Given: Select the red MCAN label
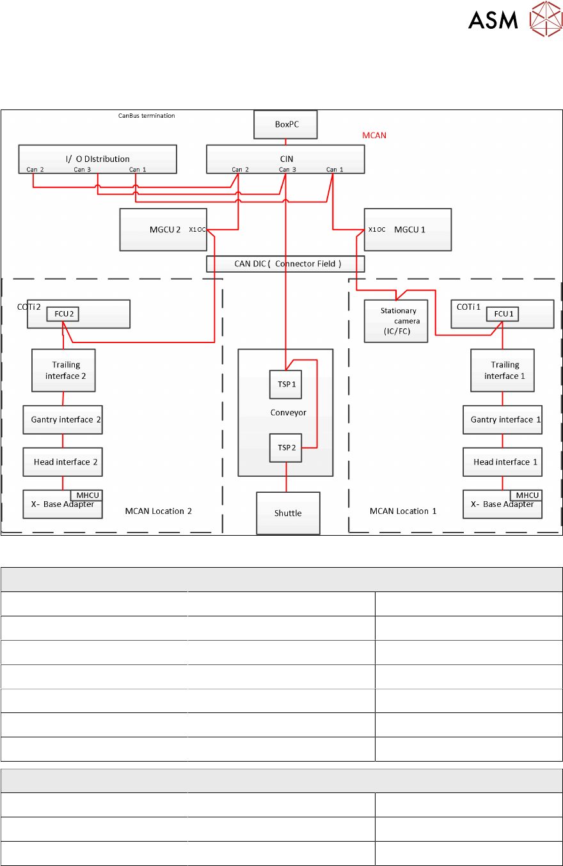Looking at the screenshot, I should [x=374, y=136].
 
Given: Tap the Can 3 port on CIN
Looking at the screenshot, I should [x=287, y=170].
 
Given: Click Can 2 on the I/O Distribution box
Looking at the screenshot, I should [x=35, y=170].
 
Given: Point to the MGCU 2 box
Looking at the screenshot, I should [x=163, y=229].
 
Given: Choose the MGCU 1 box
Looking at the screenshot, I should [x=408, y=229].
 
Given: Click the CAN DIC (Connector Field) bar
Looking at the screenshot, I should [x=285, y=264].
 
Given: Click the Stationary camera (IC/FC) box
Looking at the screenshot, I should [x=396, y=320].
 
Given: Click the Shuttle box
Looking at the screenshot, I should [x=288, y=513].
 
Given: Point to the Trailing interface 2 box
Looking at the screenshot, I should [x=63, y=370].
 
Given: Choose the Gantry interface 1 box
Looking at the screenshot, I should [x=502, y=419].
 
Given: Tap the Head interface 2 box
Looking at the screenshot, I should [x=62, y=461].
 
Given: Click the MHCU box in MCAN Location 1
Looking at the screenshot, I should [x=526, y=495].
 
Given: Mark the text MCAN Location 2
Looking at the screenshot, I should [x=158, y=511].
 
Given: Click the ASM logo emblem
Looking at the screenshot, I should [x=545, y=19].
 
